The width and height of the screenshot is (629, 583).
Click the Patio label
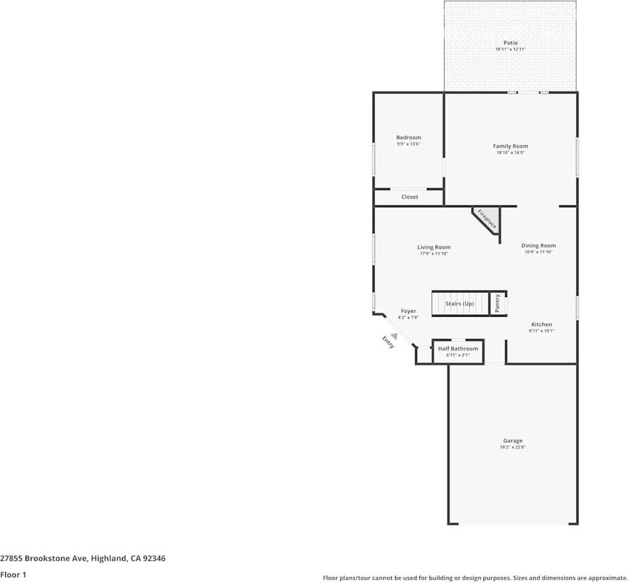point(510,43)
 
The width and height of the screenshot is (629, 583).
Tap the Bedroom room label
point(408,138)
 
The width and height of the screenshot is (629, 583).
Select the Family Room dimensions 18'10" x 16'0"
point(510,153)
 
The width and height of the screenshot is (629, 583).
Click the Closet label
point(409,197)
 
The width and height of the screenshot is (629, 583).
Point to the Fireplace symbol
point(487,218)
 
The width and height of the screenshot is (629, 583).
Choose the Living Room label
point(434,247)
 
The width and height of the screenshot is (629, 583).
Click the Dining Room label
point(538,246)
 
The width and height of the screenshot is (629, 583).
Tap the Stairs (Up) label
point(459,304)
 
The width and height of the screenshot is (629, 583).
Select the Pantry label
point(498,304)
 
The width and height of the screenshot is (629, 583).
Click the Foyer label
point(409,311)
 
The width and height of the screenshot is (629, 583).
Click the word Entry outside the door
point(388,342)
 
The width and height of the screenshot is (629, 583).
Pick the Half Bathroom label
point(458,348)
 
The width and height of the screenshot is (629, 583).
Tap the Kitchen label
point(541,325)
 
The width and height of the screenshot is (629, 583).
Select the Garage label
point(513,441)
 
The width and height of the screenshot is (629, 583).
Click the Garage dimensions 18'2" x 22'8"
point(513,447)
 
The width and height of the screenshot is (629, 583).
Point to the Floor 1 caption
point(13,574)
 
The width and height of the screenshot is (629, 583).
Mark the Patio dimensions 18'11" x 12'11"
point(510,49)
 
